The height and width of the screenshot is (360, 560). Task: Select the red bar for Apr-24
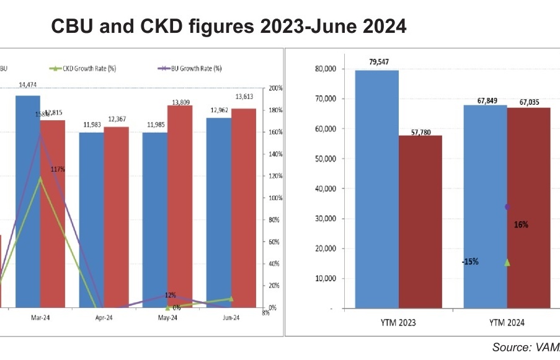point(116,217)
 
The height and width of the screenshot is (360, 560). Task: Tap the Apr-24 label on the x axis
point(104,318)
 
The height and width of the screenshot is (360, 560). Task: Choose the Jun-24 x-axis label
point(231,318)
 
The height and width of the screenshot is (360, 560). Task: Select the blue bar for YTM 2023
point(376,189)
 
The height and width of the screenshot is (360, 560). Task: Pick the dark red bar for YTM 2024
point(528,208)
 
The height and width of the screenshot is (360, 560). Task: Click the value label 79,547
point(376,63)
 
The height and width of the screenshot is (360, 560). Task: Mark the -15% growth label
point(469,261)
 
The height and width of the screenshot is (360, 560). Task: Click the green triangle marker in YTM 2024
point(507,263)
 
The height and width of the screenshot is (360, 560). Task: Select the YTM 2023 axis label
point(399,323)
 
